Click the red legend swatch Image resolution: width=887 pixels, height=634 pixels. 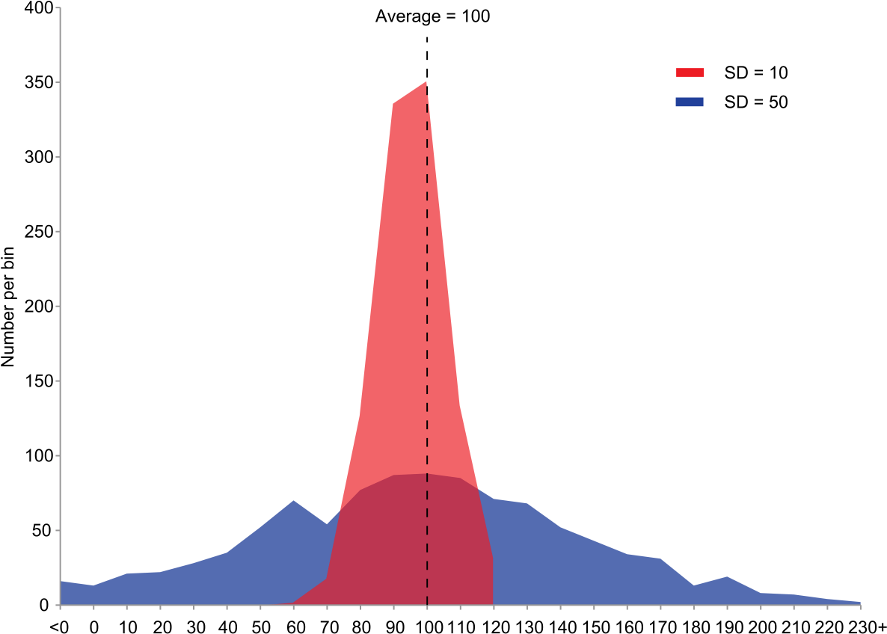coord(690,73)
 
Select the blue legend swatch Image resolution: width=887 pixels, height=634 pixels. coord(690,102)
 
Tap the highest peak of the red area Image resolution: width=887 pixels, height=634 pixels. coord(426,81)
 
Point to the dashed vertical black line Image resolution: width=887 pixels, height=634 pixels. coord(427,299)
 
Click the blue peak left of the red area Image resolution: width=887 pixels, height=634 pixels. coord(293,501)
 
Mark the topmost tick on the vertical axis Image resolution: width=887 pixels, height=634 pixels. coord(58,8)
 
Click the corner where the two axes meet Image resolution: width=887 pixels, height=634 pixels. coord(60,605)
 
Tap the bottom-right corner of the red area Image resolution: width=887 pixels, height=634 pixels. coord(493,603)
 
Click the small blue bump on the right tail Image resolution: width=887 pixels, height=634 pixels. coord(726,577)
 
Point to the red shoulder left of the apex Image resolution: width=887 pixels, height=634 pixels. coord(393,104)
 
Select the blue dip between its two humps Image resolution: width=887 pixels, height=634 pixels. coord(327,523)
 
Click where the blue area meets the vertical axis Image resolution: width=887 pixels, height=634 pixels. coord(61,582)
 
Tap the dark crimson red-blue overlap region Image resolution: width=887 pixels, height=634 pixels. coord(411,538)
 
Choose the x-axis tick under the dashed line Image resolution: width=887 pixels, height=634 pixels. coord(427,606)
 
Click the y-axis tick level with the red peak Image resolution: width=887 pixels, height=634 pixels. coord(58,82)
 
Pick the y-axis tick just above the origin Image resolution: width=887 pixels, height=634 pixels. coord(58,530)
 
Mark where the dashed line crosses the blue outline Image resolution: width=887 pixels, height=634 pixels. coord(427,474)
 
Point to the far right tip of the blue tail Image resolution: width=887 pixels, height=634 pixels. coord(860,602)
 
